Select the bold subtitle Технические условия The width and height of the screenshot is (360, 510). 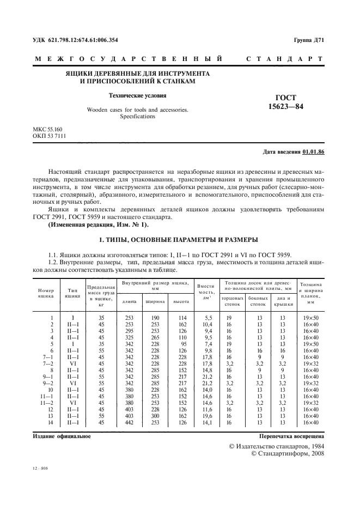pos(137,94)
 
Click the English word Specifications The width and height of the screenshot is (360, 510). pos(137,116)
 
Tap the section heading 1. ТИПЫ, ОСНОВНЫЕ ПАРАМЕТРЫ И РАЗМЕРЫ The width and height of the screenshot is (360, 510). pos(180,240)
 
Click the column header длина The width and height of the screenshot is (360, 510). pos(129,301)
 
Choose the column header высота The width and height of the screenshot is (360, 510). pos(181,301)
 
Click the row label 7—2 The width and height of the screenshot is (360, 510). pos(48,363)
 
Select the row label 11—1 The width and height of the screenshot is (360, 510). pos(48,396)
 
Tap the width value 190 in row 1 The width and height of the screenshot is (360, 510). pos(155,318)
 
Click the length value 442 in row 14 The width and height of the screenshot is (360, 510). pos(129,422)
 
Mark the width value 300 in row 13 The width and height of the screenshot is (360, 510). pos(155,416)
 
